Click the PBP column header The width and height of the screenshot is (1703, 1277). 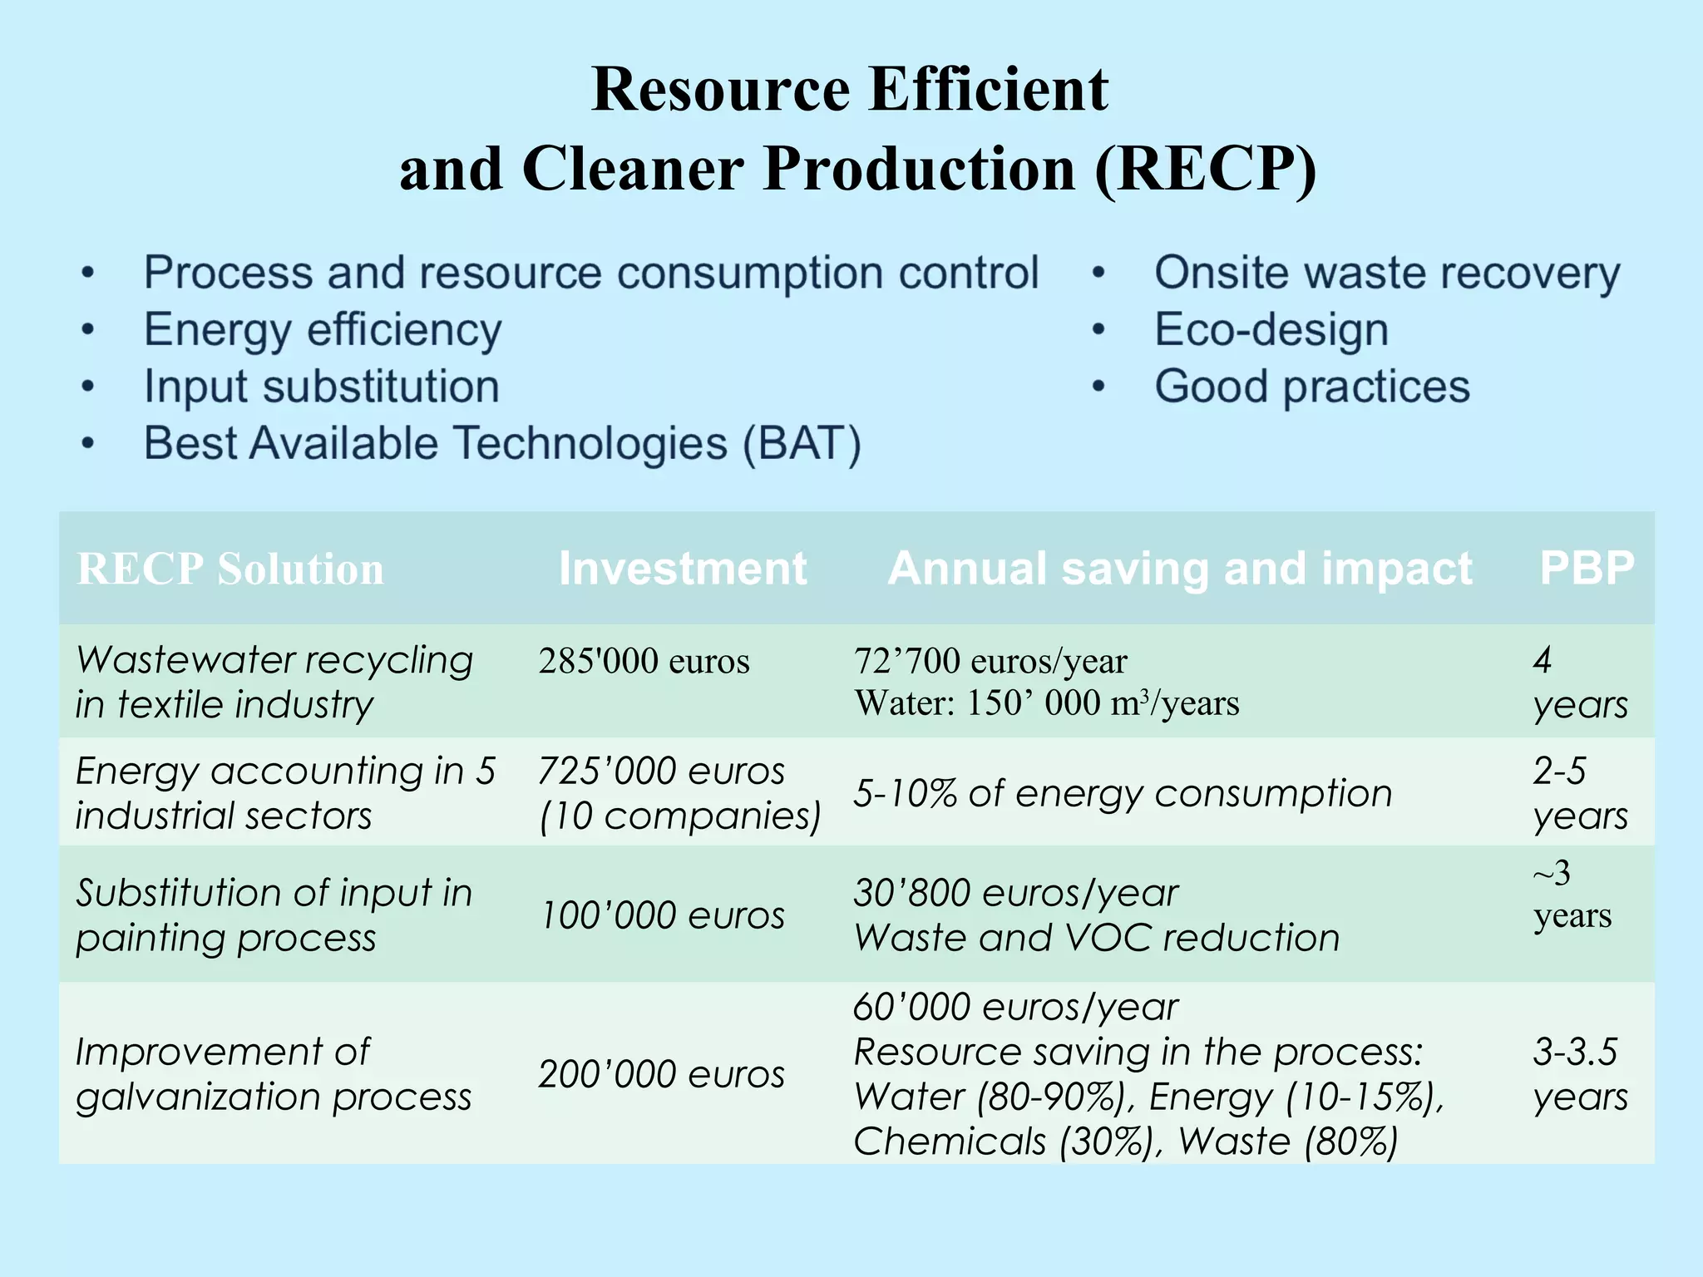pyautogui.click(x=1587, y=569)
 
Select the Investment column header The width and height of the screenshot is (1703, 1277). pyautogui.click(x=683, y=569)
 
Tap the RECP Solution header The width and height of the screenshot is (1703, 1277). pyautogui.click(x=230, y=569)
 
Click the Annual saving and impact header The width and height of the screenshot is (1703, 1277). pyautogui.click(x=1180, y=569)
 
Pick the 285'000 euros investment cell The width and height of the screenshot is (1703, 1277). pyautogui.click(x=644, y=662)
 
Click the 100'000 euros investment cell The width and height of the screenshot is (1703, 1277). pyautogui.click(x=662, y=915)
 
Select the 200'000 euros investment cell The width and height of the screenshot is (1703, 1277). pyautogui.click(x=662, y=1074)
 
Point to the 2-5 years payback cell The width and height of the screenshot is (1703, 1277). pyautogui.click(x=1580, y=793)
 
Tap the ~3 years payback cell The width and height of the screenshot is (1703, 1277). pyautogui.click(x=1572, y=895)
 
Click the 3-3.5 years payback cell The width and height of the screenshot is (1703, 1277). pyautogui.click(x=1580, y=1074)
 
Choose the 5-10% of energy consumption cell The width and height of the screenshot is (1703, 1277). pyautogui.click(x=1123, y=793)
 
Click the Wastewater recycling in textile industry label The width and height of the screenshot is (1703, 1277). pyautogui.click(x=274, y=682)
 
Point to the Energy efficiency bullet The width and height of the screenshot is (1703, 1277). pyautogui.click(x=323, y=330)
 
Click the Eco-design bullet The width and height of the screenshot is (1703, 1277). pyautogui.click(x=1271, y=330)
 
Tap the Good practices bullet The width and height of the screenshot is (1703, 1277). pyautogui.click(x=1312, y=387)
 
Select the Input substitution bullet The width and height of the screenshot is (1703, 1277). pyautogui.click(x=322, y=387)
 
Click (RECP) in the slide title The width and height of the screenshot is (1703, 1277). pyautogui.click(x=1206, y=169)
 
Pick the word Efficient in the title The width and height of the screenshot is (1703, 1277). pyautogui.click(x=989, y=89)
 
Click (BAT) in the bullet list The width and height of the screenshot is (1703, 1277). pyautogui.click(x=802, y=443)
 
